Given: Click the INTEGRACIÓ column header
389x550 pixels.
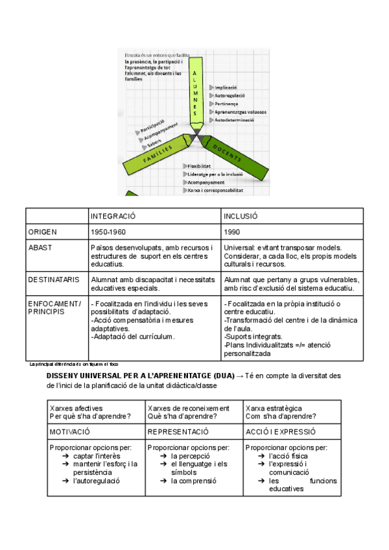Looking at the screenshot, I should (x=113, y=216).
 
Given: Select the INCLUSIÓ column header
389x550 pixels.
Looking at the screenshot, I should (x=241, y=216).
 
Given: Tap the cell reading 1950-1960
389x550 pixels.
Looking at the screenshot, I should (x=109, y=232).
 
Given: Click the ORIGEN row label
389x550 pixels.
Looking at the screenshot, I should (x=43, y=232).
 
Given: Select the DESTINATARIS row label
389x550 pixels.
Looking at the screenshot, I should (x=54, y=280).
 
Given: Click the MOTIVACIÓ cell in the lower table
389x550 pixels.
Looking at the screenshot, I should (x=70, y=431).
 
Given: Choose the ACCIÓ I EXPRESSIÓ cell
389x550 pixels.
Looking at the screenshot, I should (x=281, y=431).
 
